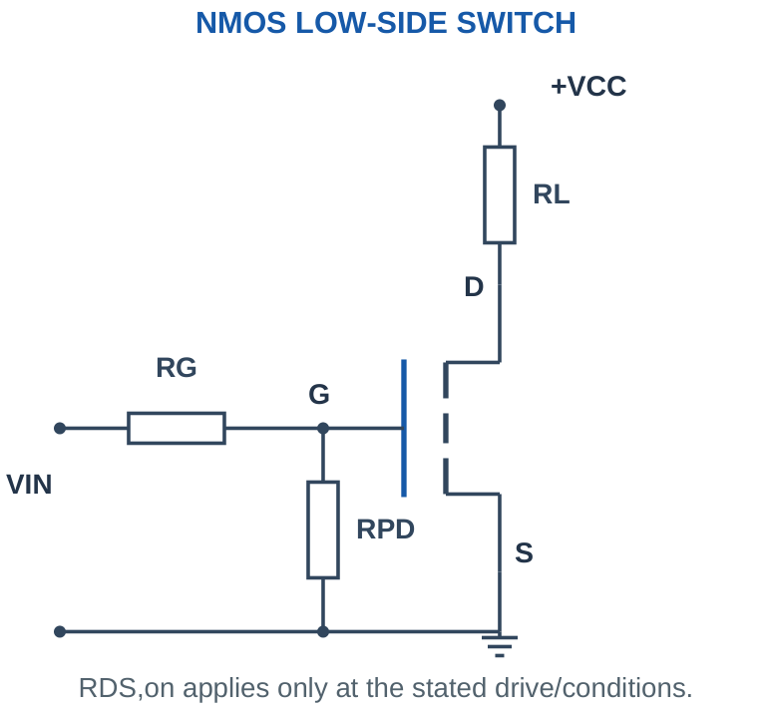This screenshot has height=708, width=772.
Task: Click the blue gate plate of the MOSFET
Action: click(404, 428)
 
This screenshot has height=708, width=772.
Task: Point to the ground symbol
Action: click(500, 645)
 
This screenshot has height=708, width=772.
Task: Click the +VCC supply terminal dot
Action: click(500, 106)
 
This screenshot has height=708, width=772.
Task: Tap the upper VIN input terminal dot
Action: click(60, 428)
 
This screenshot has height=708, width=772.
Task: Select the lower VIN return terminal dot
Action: click(60, 631)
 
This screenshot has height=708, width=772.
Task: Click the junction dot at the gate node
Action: click(323, 428)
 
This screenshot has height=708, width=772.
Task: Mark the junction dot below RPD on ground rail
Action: click(323, 631)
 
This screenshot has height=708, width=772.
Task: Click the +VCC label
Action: click(588, 86)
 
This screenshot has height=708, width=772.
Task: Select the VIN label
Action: click(29, 485)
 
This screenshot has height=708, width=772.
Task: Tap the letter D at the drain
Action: click(474, 286)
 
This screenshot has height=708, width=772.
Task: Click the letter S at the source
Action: click(524, 552)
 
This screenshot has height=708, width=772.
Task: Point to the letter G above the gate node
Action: click(319, 394)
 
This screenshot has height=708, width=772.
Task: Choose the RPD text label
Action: click(386, 530)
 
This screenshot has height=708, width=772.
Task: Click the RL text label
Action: click(552, 194)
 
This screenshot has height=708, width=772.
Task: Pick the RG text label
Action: click(177, 368)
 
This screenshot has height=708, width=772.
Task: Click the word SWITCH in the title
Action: click(516, 23)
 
